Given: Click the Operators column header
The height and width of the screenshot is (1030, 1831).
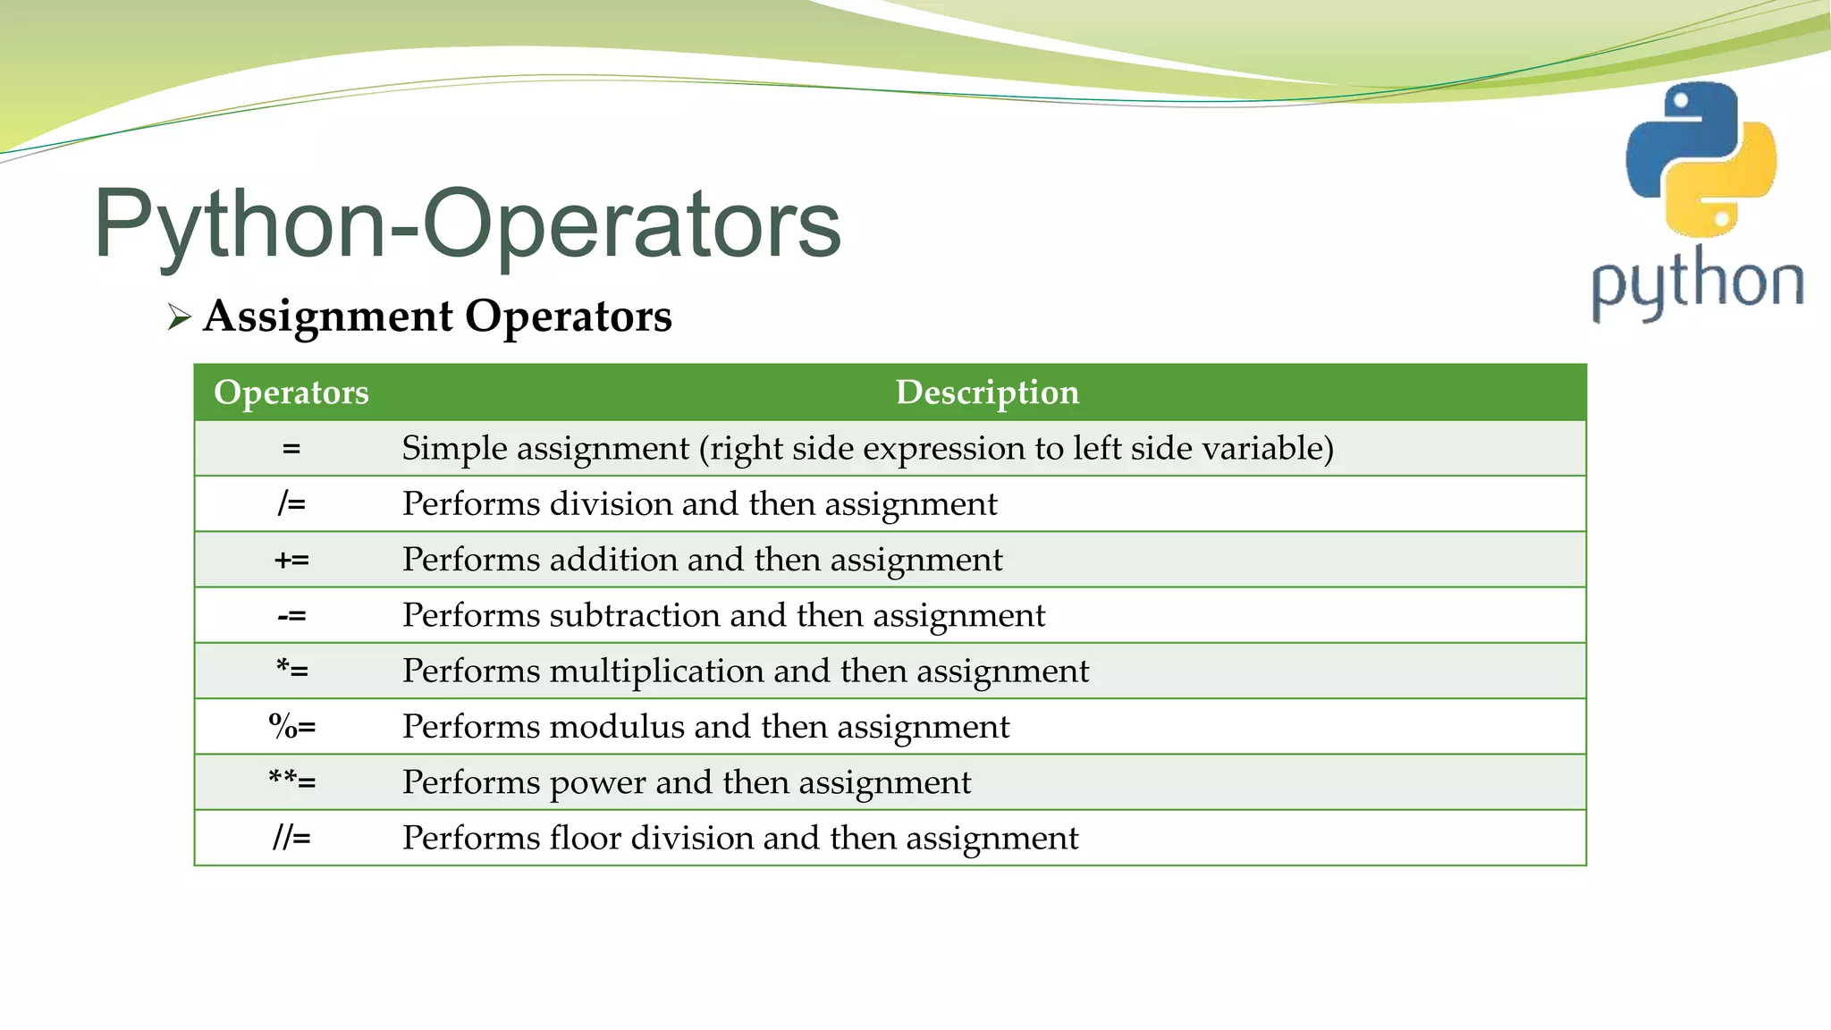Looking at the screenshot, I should [291, 393].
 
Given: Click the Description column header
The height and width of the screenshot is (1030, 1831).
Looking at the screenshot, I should [987, 393].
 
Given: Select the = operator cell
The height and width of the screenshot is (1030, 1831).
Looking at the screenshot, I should [291, 449].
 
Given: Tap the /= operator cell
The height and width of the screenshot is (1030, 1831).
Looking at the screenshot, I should [291, 504].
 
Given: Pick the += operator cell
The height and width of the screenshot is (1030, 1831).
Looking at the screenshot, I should [291, 561].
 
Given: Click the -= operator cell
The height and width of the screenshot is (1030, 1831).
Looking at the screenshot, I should [291, 616].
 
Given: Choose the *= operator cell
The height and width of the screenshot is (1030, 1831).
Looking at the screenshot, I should [291, 671].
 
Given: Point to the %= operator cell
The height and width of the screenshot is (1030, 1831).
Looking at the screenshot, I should [291, 727].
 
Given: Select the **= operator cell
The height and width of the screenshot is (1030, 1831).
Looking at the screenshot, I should [291, 782].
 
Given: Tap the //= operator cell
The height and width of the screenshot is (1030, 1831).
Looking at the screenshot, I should [291, 839].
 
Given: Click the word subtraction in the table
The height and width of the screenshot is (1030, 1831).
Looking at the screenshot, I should [635, 615].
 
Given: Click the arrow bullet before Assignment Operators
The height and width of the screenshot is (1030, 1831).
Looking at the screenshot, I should [179, 317].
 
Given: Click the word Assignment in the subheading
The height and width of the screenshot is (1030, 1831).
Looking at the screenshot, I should [328, 317].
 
